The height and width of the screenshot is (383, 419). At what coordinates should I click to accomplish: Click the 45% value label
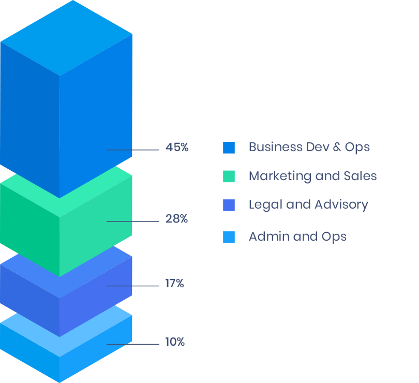tap(177, 147)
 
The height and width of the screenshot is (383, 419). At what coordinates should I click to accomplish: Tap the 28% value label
tap(176, 218)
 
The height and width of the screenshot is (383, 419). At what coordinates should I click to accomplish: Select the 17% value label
tap(174, 284)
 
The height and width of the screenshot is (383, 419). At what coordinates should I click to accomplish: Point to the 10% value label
tap(174, 342)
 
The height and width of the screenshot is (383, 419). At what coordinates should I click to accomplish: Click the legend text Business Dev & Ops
tap(309, 147)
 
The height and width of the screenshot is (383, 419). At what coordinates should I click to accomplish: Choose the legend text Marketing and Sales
tap(312, 176)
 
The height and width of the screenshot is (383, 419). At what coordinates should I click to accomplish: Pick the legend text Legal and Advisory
tap(308, 204)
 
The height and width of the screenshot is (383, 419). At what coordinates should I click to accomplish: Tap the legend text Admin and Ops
tap(297, 237)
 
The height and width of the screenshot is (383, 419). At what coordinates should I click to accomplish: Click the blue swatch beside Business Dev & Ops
tap(229, 148)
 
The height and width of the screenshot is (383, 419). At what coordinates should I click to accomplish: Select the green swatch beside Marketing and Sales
tap(229, 176)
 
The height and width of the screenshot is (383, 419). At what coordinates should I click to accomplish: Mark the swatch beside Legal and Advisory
tap(229, 205)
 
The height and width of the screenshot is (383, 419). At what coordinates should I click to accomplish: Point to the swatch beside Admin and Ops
tap(229, 237)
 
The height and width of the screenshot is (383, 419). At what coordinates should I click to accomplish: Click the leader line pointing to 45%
tap(132, 150)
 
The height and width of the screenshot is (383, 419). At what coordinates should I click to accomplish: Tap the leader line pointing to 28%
tap(132, 222)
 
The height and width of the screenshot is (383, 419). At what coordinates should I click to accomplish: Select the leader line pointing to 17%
tap(132, 286)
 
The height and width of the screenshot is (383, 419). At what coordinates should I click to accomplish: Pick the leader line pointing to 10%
tap(132, 344)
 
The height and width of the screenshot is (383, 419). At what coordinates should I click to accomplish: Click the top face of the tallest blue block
tap(66, 36)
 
